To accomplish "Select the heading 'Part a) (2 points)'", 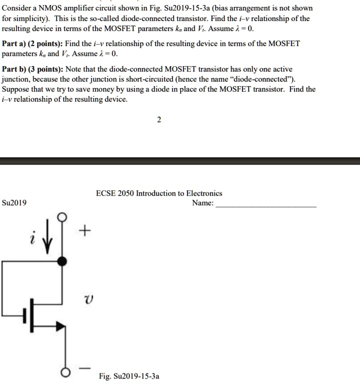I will click(31, 44).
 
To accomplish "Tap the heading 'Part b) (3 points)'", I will click(31, 69).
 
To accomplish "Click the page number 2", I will click(158, 120).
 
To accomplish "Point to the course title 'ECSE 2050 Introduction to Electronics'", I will click(159, 193).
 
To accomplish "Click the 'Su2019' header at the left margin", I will click(14, 203).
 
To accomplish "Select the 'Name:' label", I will click(202, 203).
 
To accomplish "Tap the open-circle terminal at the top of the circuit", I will click(62, 217).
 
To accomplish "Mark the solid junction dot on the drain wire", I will click(62, 261).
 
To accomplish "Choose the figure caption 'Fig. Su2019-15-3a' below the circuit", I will click(129, 375).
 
